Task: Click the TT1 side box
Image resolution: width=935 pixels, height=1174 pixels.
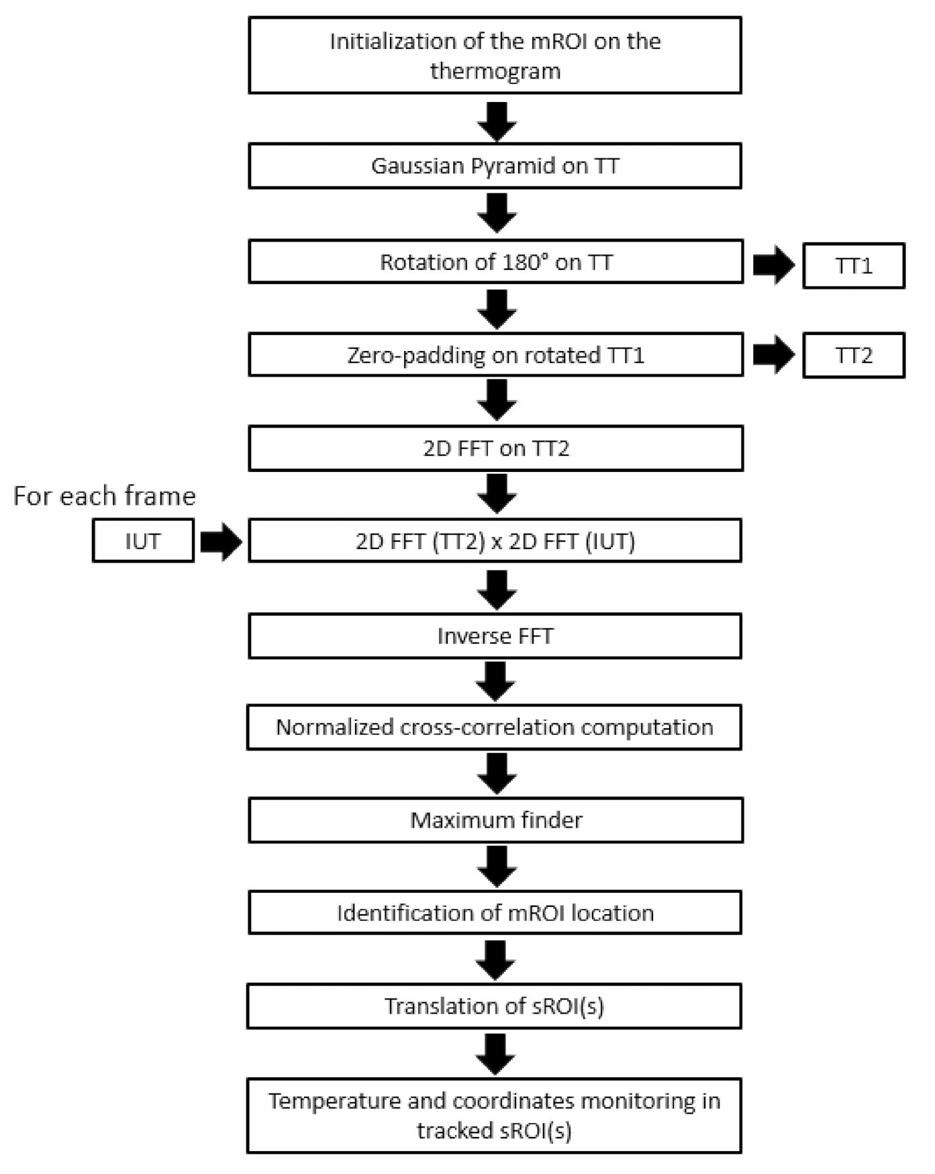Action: click(853, 266)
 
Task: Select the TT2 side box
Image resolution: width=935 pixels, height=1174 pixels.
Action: click(853, 355)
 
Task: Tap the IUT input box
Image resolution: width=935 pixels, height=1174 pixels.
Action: click(143, 541)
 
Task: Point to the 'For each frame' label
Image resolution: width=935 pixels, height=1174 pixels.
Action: click(105, 496)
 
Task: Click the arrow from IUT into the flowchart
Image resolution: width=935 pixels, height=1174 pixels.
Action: click(221, 541)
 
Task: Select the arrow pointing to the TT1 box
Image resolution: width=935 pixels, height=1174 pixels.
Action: click(773, 265)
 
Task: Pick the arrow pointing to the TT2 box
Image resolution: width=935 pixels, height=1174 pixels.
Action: click(773, 354)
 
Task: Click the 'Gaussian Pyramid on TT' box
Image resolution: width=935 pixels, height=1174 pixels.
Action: click(495, 166)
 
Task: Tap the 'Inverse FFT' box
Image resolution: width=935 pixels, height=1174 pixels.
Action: click(495, 636)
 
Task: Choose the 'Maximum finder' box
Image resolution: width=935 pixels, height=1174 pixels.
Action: click(495, 820)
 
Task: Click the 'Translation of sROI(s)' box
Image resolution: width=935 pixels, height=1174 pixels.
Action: click(494, 1006)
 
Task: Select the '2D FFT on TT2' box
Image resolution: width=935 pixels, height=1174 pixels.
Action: click(495, 448)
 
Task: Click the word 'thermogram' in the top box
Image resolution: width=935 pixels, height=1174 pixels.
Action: click(495, 71)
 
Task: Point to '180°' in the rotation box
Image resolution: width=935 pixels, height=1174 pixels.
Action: click(524, 262)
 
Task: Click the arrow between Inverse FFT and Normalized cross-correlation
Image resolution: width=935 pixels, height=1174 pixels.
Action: click(495, 681)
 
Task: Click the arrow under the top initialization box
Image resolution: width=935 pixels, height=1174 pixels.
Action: click(497, 121)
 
